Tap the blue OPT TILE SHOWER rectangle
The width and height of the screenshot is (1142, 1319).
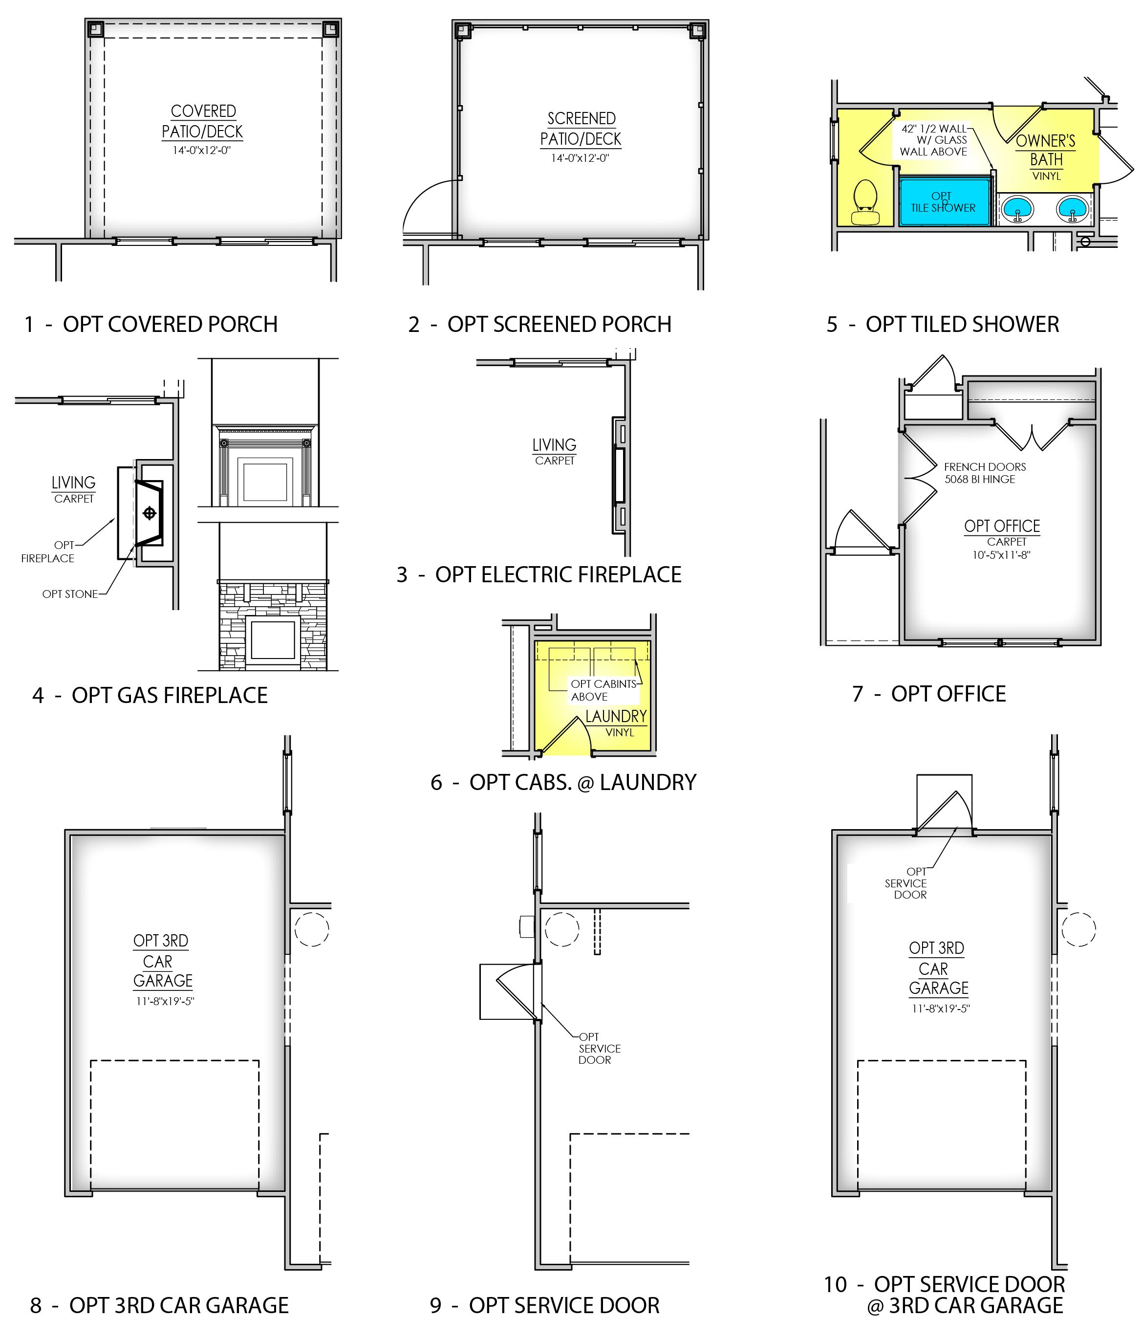click(x=945, y=202)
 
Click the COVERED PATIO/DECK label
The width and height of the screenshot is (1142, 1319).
click(x=203, y=121)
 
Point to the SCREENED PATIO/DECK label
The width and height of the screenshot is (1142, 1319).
click(x=581, y=129)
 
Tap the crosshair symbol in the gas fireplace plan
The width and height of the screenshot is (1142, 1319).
click(x=150, y=513)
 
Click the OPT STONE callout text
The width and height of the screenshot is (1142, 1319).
click(x=70, y=594)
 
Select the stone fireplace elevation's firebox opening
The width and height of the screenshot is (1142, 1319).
click(x=273, y=641)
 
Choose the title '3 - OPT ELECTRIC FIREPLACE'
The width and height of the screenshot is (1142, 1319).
click(x=539, y=574)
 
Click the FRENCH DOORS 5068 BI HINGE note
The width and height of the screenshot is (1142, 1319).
click(x=984, y=473)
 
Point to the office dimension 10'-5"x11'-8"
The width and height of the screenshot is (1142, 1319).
click(x=1001, y=555)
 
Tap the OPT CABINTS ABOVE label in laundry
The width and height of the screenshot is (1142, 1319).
click(x=603, y=690)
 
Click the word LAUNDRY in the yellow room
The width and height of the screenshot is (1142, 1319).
click(x=616, y=717)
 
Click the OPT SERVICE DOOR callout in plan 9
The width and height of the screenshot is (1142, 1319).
click(x=599, y=1049)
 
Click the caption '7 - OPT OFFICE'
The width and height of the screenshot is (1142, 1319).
click(x=928, y=694)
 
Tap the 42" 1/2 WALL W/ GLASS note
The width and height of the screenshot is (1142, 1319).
click(x=934, y=140)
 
